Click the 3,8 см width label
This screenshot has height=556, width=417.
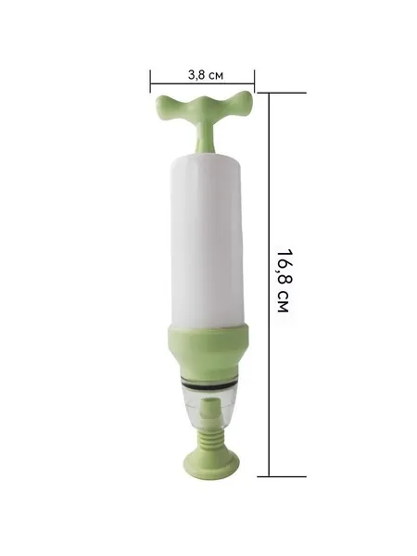pyautogui.click(x=206, y=75)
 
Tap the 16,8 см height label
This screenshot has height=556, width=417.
pyautogui.click(x=284, y=281)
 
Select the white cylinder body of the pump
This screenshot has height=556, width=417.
pyautogui.click(x=208, y=240)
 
